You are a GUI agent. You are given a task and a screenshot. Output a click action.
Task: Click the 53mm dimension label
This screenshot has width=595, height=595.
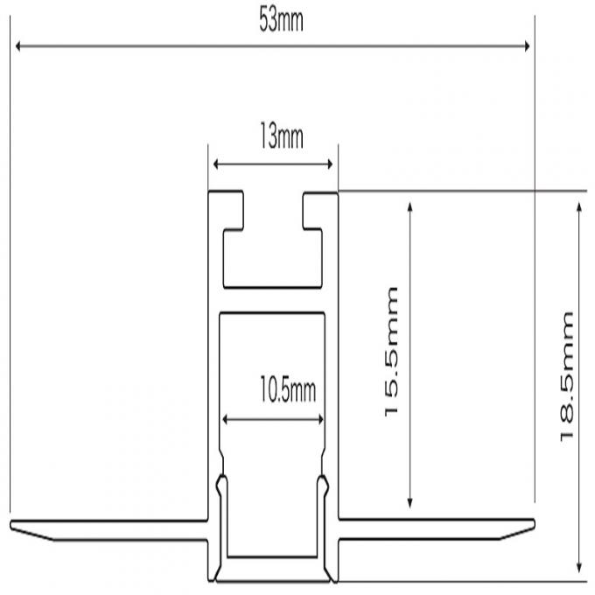281,20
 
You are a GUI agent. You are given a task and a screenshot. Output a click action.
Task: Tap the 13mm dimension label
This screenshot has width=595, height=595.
282,136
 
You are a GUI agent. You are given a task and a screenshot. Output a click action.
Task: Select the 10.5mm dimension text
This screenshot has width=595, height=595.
288,389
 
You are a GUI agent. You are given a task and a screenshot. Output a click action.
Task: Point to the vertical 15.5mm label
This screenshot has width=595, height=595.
391,352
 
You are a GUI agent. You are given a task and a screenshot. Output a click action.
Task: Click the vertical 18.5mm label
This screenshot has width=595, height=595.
567,376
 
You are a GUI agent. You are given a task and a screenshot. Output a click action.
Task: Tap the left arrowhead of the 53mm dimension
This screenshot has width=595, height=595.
17,46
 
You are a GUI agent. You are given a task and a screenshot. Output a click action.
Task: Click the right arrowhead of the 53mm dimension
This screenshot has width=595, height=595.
527,46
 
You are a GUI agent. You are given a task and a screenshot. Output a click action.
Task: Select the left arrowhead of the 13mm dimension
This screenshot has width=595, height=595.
216,164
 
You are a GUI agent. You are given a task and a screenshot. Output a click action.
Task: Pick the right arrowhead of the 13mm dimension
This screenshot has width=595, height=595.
330,164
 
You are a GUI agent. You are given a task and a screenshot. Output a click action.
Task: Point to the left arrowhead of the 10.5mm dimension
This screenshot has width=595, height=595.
225,419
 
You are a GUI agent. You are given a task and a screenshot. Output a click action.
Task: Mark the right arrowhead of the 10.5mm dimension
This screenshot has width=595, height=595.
320,419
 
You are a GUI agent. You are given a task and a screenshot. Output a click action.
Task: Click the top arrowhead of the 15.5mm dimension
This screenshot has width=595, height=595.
409,206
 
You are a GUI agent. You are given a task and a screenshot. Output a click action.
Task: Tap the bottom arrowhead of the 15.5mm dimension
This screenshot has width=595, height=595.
409,503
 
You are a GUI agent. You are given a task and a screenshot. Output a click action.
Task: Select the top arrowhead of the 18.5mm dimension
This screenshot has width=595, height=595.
578,207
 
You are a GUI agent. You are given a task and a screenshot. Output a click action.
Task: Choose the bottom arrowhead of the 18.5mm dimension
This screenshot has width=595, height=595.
578,568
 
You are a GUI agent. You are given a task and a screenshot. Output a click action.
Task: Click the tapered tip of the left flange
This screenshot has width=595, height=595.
11,525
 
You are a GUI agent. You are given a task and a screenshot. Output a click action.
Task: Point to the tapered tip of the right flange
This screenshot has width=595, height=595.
534,524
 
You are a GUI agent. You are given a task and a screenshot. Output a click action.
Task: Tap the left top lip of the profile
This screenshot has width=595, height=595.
227,211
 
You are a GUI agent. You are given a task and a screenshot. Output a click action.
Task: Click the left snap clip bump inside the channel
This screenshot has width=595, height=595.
221,486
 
